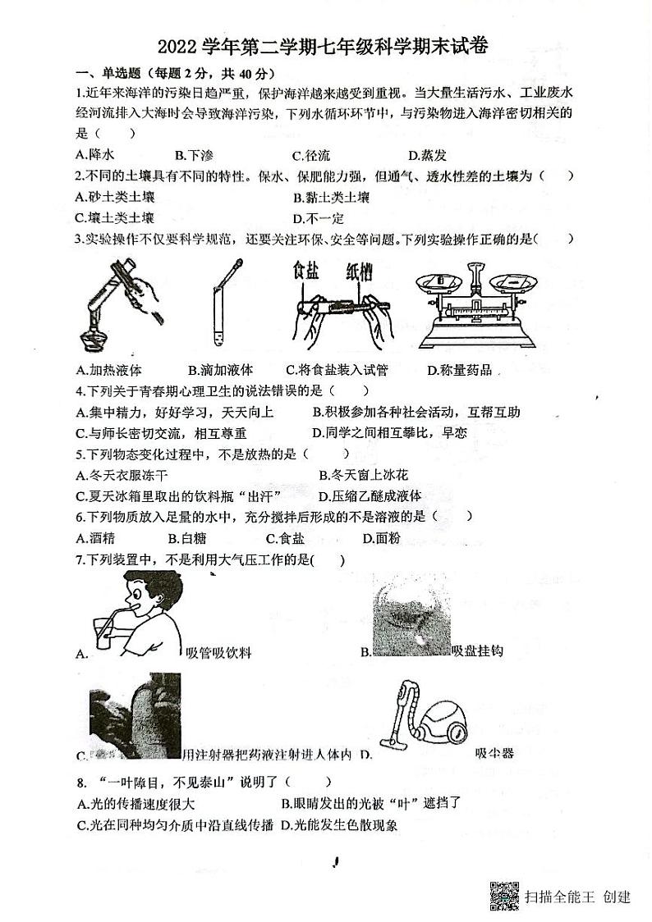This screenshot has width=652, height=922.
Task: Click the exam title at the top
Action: click(326, 47)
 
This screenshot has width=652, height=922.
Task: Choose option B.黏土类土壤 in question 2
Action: click(331, 197)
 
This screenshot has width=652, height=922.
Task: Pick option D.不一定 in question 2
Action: click(318, 218)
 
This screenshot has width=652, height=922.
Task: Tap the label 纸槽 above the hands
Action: click(360, 272)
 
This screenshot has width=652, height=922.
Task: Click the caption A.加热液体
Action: click(108, 371)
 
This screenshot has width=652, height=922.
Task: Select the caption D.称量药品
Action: click(460, 371)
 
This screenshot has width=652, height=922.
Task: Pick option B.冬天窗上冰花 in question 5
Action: click(363, 475)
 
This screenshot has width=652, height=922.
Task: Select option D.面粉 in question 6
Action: click(381, 538)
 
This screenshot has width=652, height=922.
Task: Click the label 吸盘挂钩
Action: click(477, 651)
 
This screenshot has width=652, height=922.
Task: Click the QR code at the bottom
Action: click(504, 895)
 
